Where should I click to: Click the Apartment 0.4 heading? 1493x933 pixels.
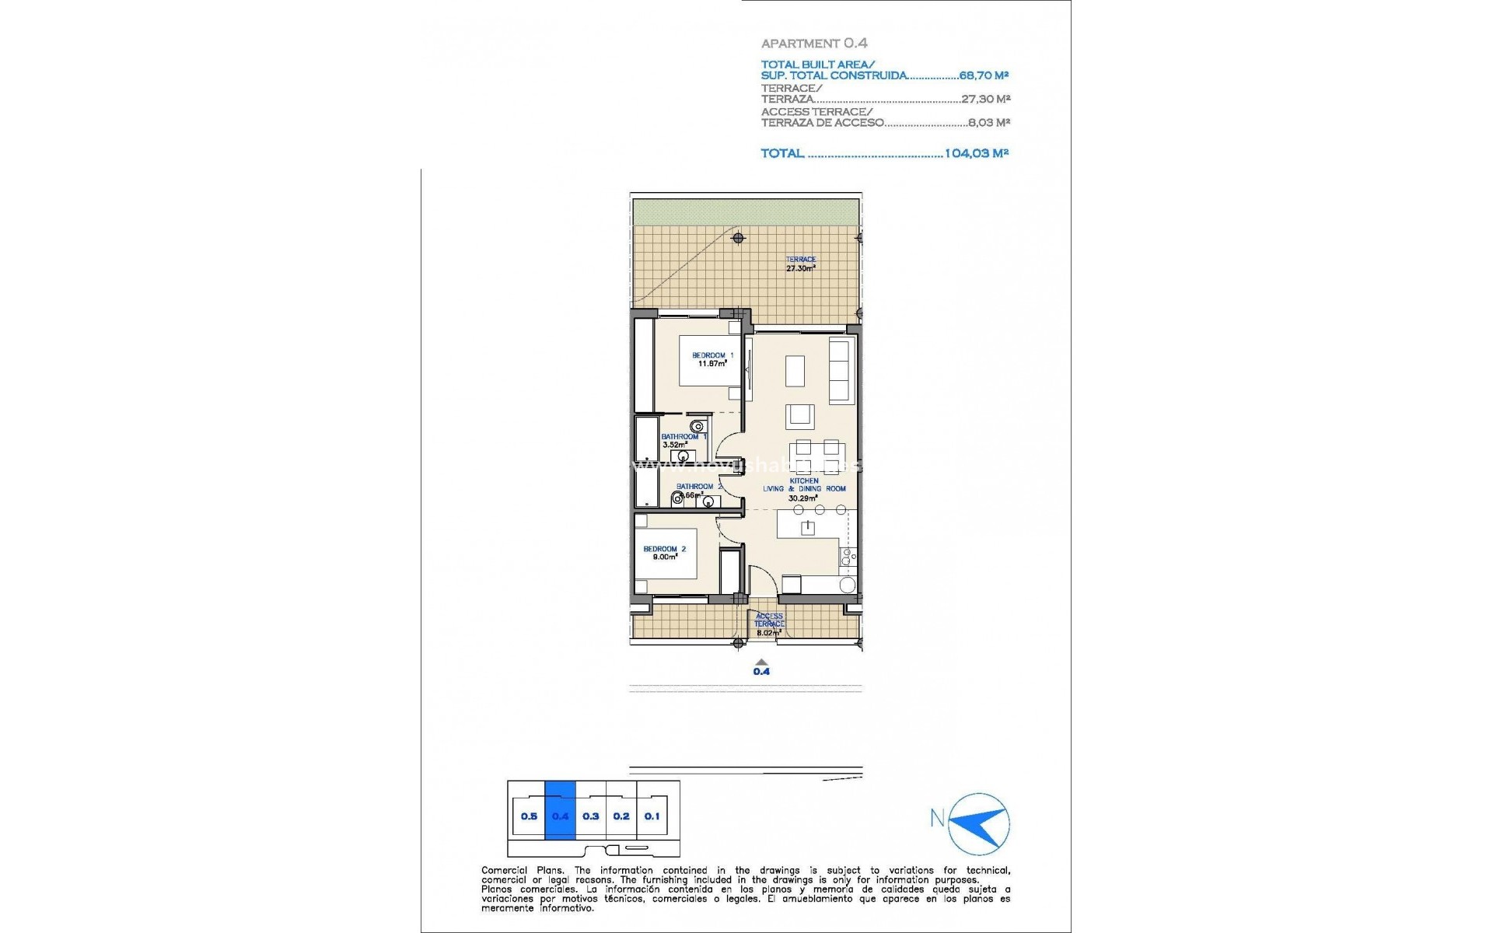814,44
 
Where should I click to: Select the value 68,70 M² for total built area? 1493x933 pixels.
984,75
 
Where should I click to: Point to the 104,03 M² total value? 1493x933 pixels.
976,153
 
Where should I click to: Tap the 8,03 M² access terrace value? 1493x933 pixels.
988,122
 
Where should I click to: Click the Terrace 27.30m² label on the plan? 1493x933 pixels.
800,264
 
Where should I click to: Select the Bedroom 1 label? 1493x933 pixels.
712,359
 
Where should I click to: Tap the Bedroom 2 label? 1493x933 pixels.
664,553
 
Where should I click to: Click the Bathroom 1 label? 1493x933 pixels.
683,440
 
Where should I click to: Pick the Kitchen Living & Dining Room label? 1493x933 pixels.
804,489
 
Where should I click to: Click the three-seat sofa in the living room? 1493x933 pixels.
841,369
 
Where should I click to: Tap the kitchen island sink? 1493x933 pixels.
808,528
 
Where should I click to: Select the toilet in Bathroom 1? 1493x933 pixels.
698,426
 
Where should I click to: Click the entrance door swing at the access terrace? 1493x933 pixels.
762,580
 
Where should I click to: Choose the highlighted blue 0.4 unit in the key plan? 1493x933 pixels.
560,816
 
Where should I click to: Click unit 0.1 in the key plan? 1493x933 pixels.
652,816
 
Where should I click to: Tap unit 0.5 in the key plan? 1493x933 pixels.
529,816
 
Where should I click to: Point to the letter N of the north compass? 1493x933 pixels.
938,818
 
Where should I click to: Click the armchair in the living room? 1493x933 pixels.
799,416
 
